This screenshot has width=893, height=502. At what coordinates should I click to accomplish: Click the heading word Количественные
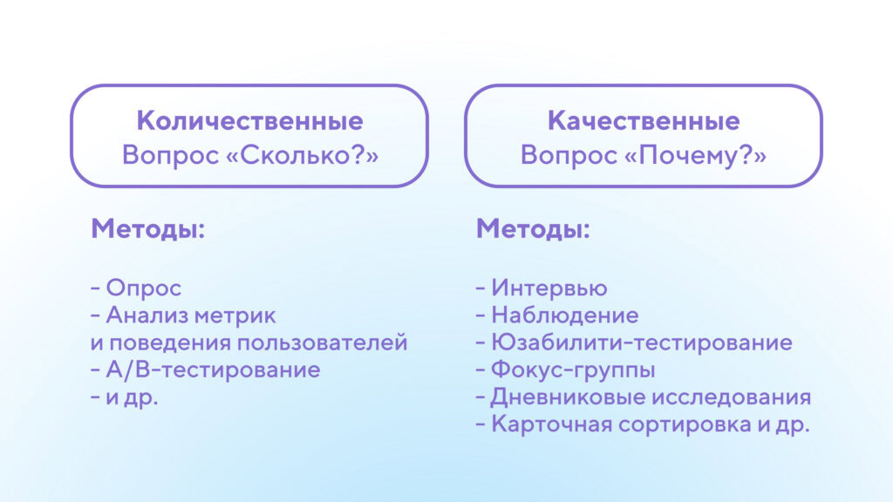(x=249, y=120)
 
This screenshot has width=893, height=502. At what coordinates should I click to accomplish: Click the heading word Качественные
(x=643, y=120)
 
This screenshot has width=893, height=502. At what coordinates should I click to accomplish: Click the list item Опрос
(x=143, y=288)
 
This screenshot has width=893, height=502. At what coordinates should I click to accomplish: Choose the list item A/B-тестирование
(x=213, y=370)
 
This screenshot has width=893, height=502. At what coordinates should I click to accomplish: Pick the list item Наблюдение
(x=564, y=315)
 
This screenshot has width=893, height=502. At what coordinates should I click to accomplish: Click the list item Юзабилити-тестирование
(x=641, y=343)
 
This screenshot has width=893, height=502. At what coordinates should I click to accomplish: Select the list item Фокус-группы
(x=573, y=370)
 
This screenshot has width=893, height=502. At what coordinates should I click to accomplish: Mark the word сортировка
(x=672, y=424)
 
